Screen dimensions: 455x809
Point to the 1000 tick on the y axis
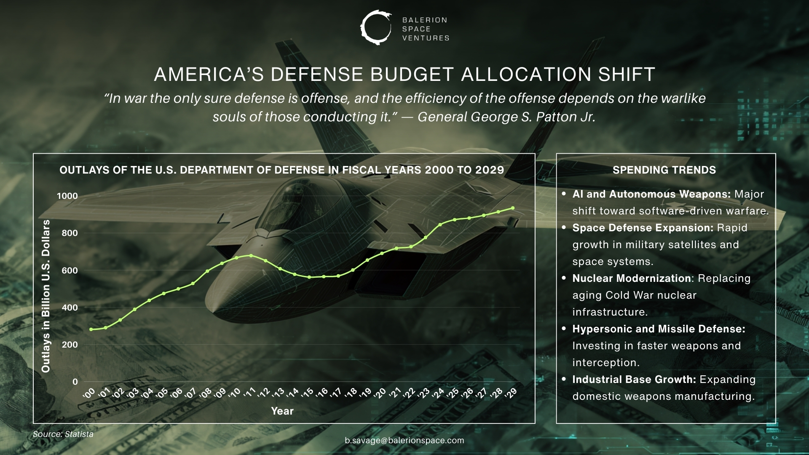67,196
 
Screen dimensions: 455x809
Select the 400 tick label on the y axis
70,308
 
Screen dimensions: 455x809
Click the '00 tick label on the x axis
89,393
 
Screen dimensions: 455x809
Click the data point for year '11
251,256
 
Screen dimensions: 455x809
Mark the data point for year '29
513,208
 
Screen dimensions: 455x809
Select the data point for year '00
91,329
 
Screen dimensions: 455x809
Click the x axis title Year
282,411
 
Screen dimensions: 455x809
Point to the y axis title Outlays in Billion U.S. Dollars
46,296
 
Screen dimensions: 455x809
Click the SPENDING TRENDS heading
664,170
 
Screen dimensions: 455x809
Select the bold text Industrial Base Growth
634,380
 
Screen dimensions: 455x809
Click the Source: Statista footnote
63,434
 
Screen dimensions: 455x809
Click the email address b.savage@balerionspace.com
404,441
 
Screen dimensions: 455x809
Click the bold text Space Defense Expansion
642,228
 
